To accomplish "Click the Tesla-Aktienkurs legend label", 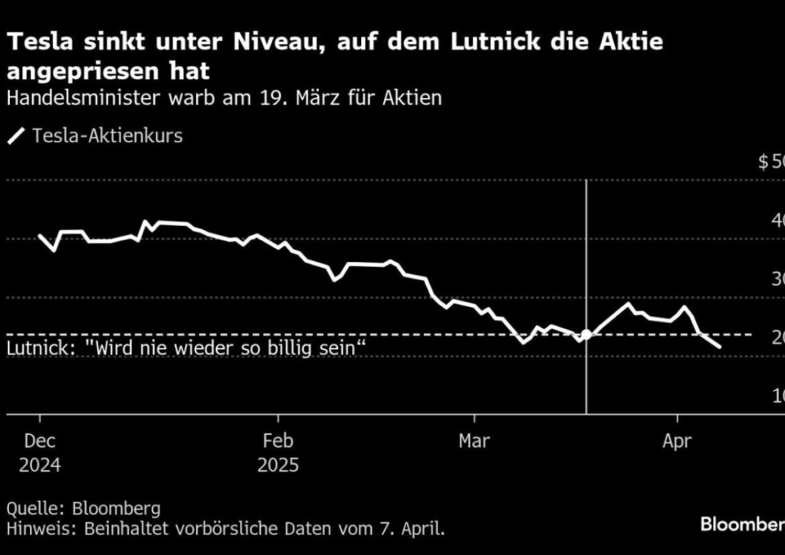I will click(x=107, y=136).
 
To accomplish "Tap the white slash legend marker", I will click(x=15, y=137).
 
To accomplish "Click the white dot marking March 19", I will click(x=586, y=335).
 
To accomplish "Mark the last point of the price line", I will click(x=720, y=348).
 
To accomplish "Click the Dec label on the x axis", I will click(x=40, y=442).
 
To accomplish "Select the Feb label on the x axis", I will click(x=278, y=442).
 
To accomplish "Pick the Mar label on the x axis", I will click(x=475, y=442).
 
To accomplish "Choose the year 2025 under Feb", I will click(x=278, y=465).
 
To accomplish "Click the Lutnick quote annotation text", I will click(x=185, y=349).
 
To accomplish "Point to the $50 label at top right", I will click(x=770, y=162).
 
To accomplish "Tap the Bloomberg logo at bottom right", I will click(x=741, y=524).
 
